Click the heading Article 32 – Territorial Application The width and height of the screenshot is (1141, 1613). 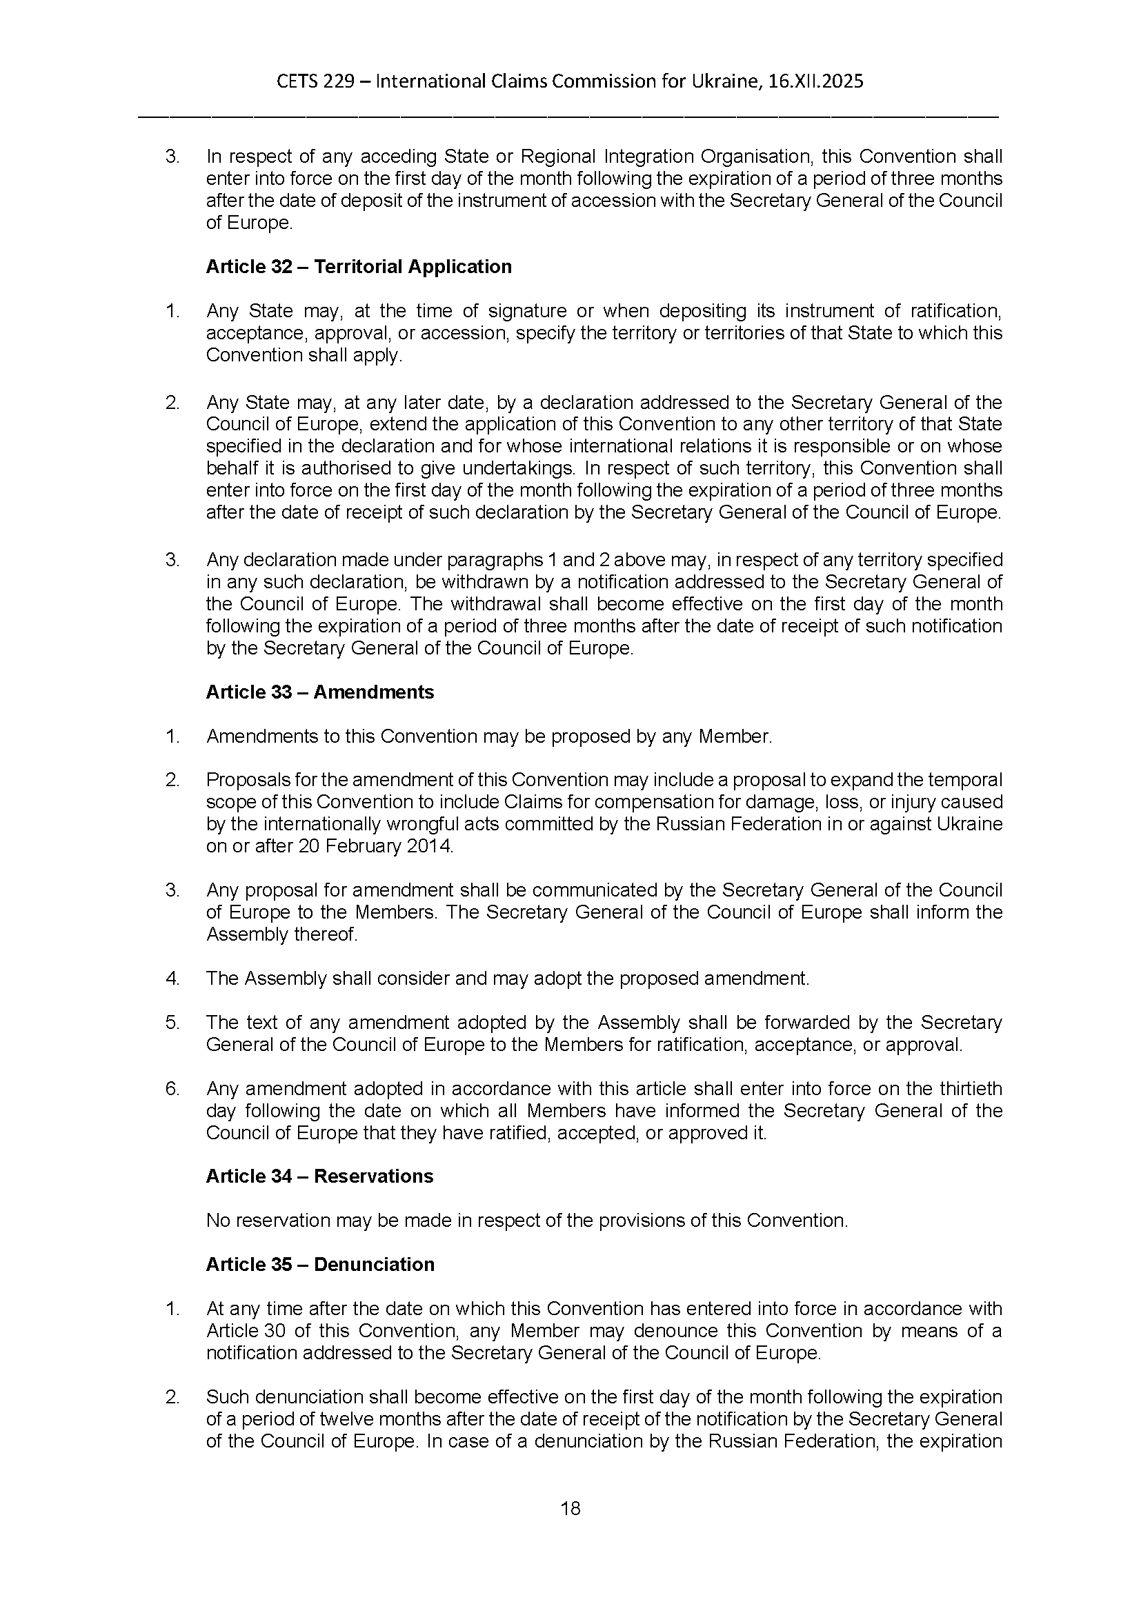pos(358,267)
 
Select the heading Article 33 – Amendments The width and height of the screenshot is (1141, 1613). pos(319,692)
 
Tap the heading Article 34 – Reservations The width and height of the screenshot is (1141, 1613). pos(319,1176)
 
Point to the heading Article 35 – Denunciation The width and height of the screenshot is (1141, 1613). pos(319,1264)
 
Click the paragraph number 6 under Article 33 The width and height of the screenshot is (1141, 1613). pos(172,1089)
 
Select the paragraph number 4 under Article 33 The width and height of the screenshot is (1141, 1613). pos(172,979)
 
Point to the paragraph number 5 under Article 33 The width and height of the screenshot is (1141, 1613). pos(172,1023)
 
